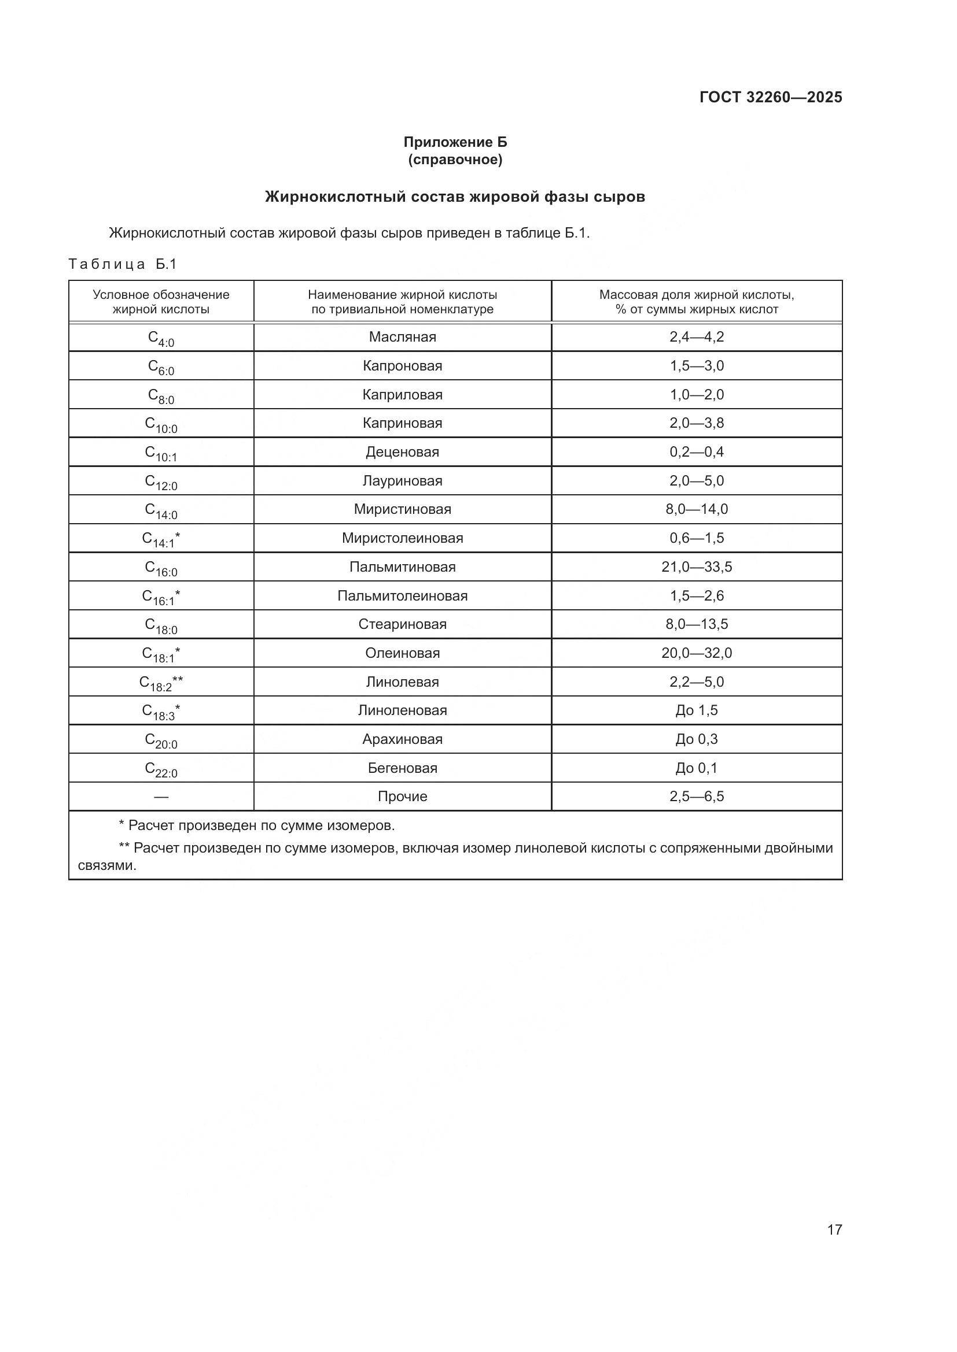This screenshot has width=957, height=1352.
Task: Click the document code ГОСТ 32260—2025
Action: (x=771, y=97)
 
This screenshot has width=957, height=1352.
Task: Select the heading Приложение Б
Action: (x=455, y=142)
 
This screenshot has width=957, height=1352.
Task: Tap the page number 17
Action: (x=834, y=1229)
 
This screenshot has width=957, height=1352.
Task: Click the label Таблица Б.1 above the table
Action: (x=123, y=264)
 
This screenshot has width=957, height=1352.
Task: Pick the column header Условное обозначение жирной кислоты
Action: (x=161, y=302)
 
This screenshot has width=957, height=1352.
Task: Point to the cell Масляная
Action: (x=403, y=337)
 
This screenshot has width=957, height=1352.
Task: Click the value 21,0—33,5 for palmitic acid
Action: (x=697, y=566)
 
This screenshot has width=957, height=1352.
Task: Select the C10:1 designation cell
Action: (x=161, y=453)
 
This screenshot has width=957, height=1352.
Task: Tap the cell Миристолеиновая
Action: (x=403, y=538)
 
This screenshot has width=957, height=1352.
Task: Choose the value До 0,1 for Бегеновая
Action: (x=697, y=768)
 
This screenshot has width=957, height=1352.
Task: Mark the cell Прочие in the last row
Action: (x=403, y=796)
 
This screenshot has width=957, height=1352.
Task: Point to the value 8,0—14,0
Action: (x=697, y=509)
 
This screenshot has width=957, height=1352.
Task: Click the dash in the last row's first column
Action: (x=161, y=797)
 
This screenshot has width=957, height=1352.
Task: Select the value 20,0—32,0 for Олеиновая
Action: (x=697, y=653)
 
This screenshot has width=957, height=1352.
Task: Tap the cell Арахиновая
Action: (x=403, y=739)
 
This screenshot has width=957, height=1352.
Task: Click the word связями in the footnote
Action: (x=106, y=866)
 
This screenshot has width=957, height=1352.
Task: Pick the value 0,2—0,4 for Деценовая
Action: (x=697, y=451)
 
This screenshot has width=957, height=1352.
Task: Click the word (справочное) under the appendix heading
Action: (x=455, y=160)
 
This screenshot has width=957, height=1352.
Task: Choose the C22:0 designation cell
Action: (x=161, y=769)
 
